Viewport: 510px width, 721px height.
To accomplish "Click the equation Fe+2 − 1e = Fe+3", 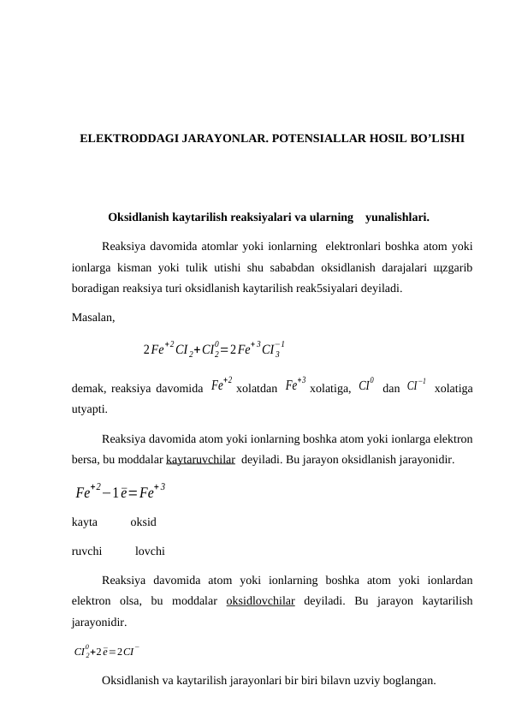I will pos(120,492).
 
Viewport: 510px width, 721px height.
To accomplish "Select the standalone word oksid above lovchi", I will pos(143,521).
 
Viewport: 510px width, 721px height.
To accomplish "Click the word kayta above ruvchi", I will pos(84,521).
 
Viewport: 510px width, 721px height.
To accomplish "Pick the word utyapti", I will pos(89,409).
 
